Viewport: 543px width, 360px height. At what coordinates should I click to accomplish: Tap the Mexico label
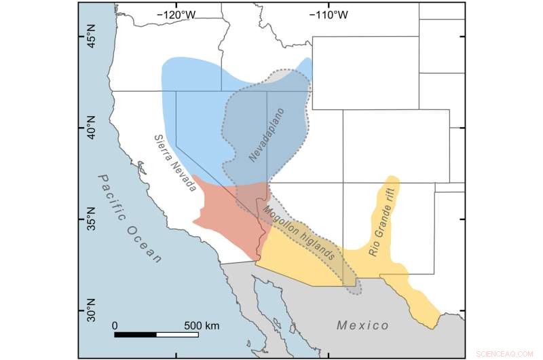(362, 325)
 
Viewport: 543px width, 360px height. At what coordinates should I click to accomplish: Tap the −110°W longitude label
(329, 14)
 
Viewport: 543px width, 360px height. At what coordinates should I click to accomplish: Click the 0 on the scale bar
(115, 325)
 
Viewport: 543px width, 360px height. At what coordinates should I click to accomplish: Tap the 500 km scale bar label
(202, 325)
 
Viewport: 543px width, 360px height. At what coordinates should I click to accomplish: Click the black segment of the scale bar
(136, 334)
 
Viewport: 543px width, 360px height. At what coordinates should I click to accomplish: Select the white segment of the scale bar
(177, 334)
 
